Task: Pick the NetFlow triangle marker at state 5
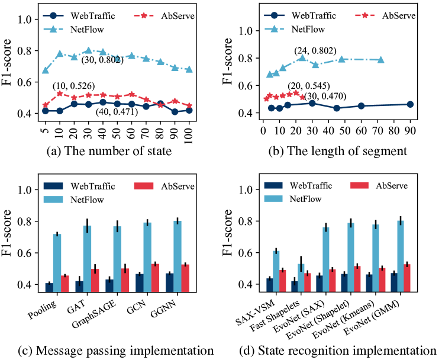(x=46, y=70)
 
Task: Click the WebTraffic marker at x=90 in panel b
(x=409, y=104)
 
